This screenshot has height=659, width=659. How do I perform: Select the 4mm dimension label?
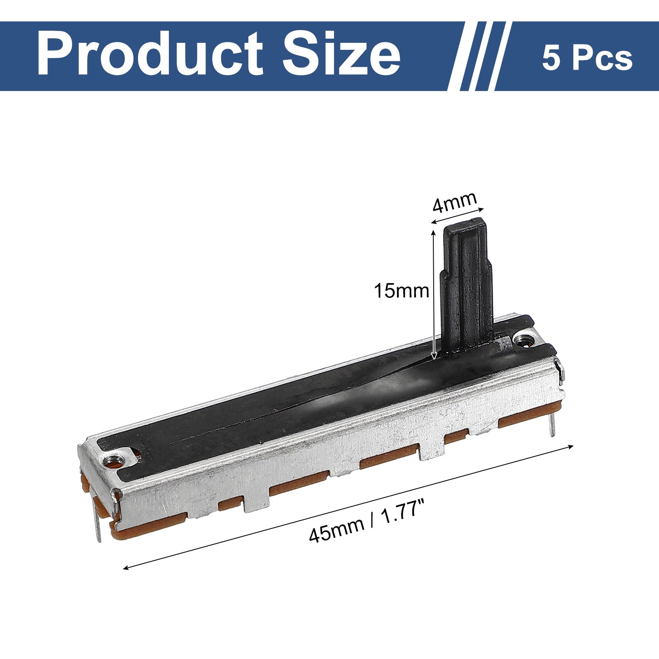[454, 202]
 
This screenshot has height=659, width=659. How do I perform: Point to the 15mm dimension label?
[401, 291]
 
